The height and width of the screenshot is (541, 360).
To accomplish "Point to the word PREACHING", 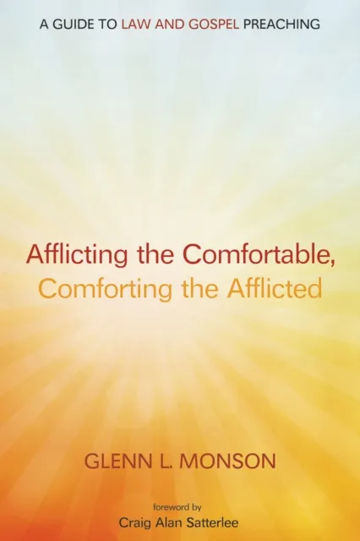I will coord(280,24).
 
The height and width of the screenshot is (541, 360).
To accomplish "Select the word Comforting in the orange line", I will coord(90,288).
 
